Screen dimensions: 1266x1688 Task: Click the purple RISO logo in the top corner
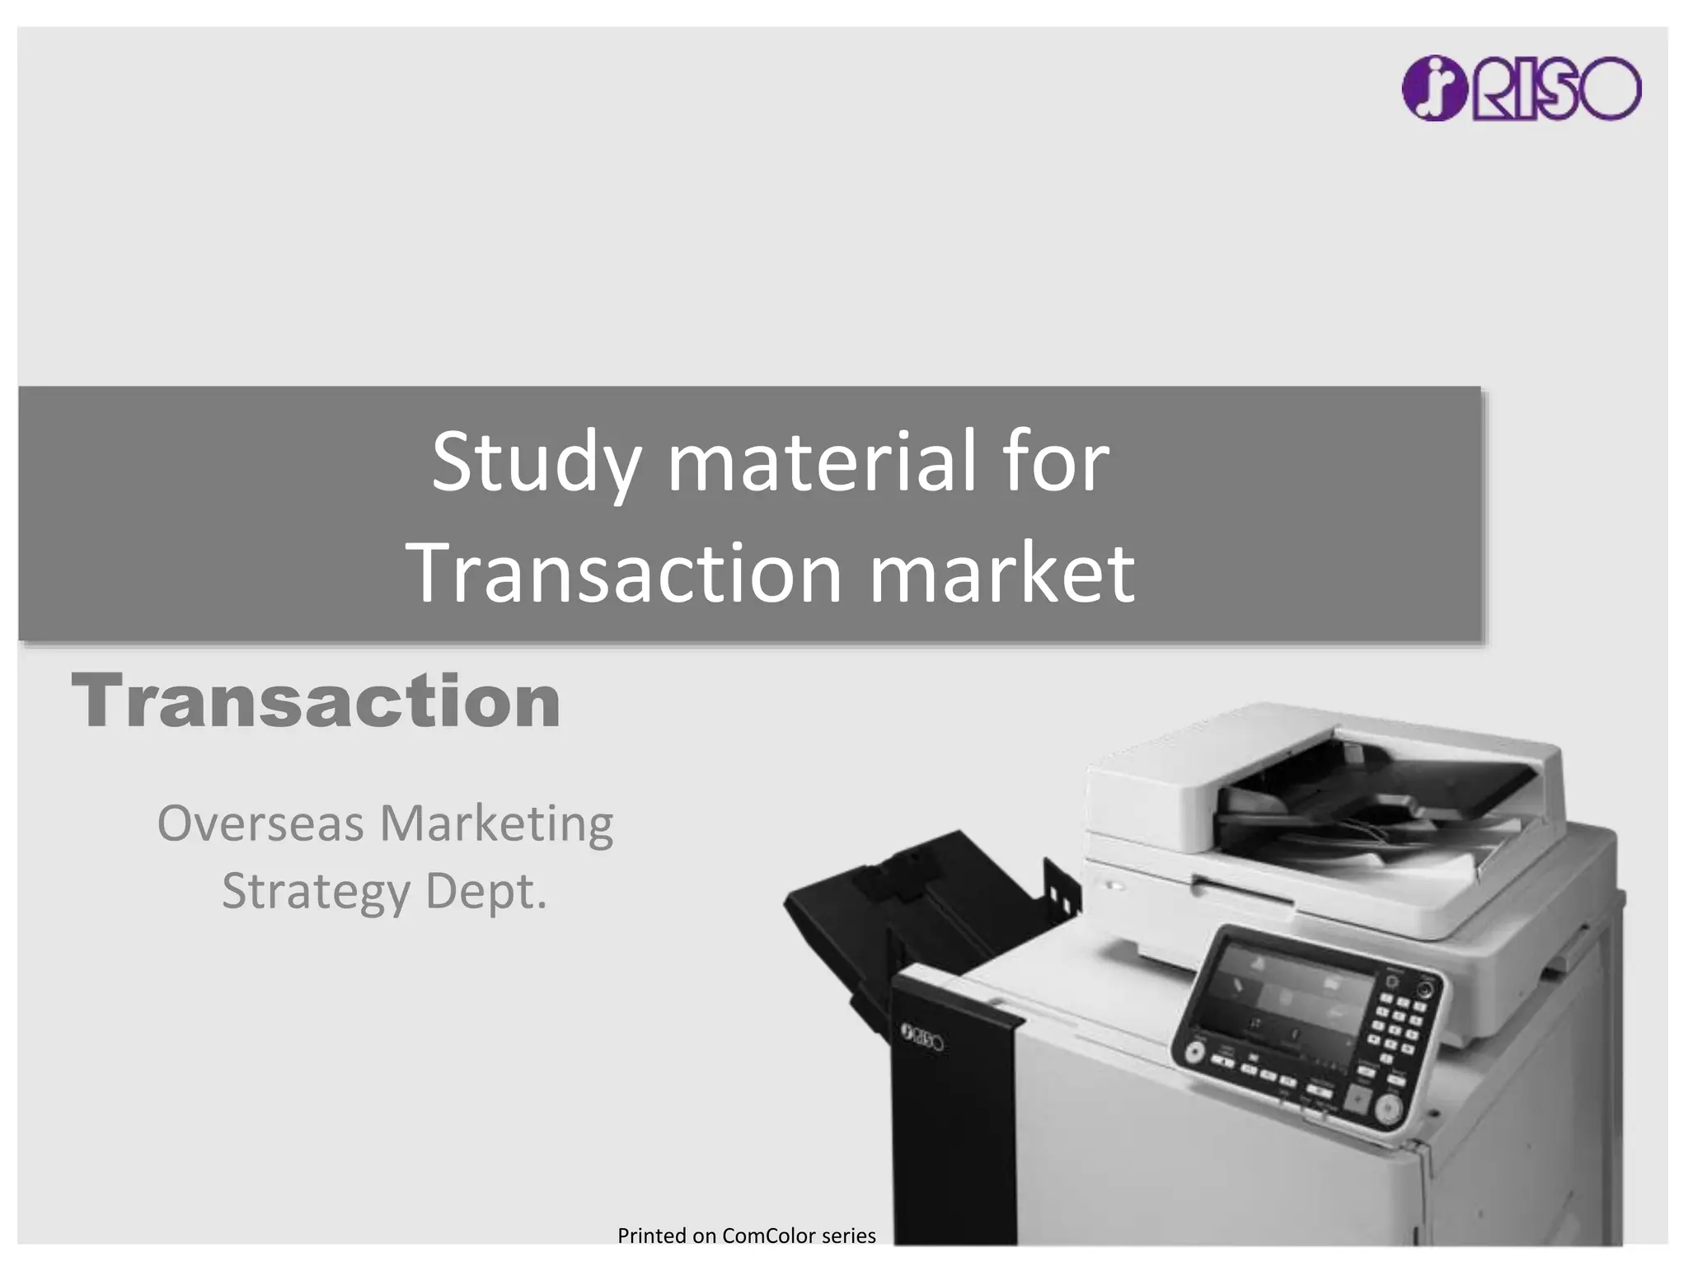[x=1521, y=88]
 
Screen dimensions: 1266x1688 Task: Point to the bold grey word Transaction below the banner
[x=316, y=701]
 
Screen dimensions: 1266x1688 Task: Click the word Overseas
[x=260, y=823]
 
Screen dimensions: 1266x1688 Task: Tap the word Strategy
[x=316, y=893]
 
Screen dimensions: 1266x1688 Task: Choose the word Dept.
[x=485, y=893]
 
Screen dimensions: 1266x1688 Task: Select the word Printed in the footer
[x=652, y=1236]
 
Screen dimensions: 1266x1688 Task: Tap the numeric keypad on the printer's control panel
[x=1397, y=1026]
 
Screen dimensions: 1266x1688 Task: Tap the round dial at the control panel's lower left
[x=1194, y=1053]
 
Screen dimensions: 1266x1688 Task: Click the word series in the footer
[x=849, y=1236]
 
